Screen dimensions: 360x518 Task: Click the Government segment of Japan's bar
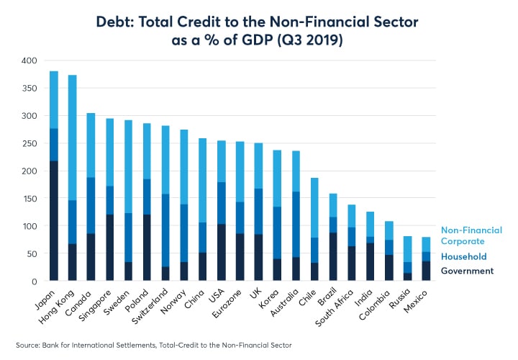53,220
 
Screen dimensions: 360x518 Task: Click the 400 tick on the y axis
27,60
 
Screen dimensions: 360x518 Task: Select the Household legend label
463,256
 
